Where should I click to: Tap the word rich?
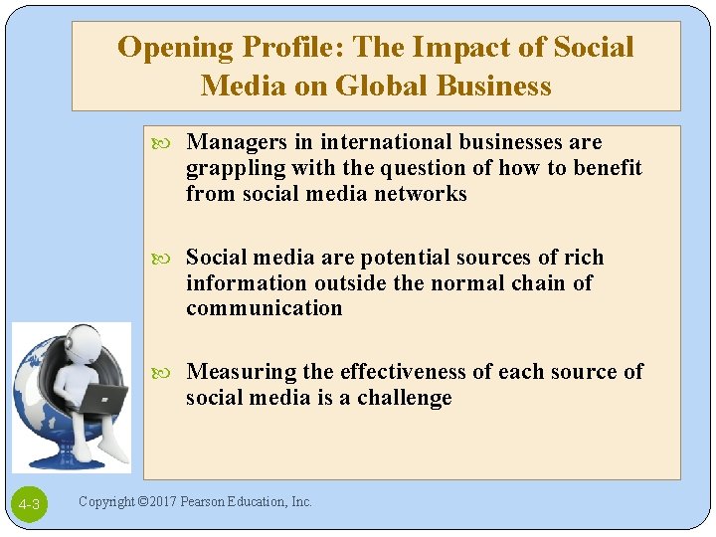[x=584, y=258]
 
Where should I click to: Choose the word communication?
[x=264, y=308]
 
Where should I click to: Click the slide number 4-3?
[x=29, y=505]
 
